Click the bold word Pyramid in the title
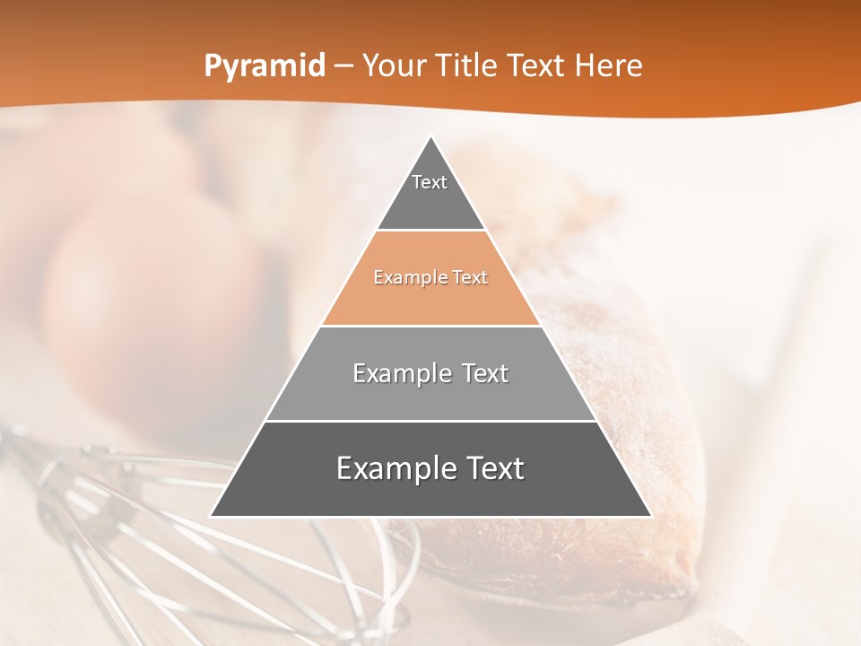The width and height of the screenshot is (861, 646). [x=264, y=66]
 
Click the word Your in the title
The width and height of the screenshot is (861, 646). [x=392, y=66]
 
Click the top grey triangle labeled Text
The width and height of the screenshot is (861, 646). [x=430, y=193]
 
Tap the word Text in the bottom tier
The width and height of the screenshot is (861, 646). [x=488, y=468]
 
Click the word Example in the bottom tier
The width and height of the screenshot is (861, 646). [x=392, y=468]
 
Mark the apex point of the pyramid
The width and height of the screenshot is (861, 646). [x=430, y=137]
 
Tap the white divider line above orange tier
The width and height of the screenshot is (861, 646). [x=430, y=231]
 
